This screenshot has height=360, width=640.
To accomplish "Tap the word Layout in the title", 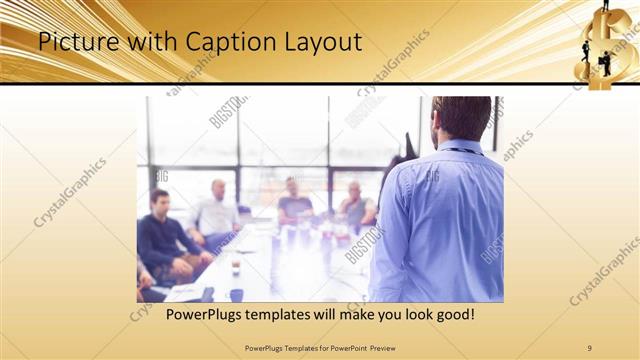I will coord(317,42).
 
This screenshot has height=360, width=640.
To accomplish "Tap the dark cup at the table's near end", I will coord(236,295).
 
